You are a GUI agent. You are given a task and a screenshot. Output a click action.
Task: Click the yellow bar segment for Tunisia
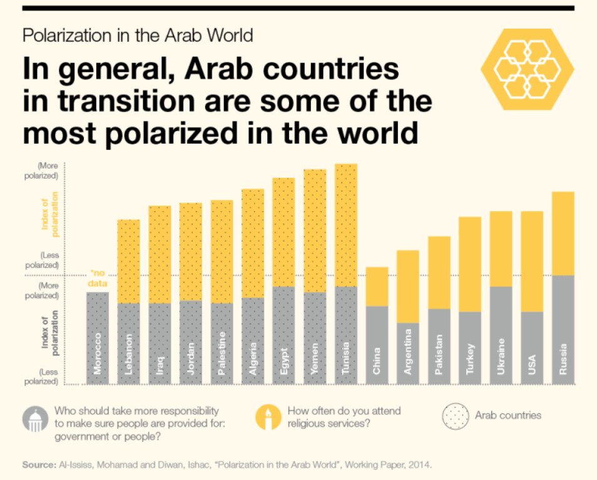(x=346, y=225)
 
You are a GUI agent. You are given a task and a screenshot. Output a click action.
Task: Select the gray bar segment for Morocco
(x=98, y=338)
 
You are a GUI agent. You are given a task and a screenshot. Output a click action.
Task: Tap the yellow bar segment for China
(x=377, y=286)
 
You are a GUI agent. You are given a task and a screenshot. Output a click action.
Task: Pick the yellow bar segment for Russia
(x=563, y=234)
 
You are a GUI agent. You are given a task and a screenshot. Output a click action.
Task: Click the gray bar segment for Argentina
(x=408, y=354)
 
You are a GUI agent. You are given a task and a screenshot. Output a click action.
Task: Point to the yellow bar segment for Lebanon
(x=129, y=261)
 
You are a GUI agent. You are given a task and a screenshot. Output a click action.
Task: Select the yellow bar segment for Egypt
(x=283, y=232)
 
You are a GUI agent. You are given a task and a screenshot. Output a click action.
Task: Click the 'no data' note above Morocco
(x=98, y=278)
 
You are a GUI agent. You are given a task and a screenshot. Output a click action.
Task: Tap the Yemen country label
(x=315, y=359)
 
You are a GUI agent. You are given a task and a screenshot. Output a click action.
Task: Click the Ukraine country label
(x=501, y=356)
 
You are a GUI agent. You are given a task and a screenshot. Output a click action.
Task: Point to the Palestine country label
(x=222, y=353)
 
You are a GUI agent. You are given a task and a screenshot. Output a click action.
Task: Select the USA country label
(x=532, y=364)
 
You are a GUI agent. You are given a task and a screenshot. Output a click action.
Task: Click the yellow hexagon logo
(x=528, y=69)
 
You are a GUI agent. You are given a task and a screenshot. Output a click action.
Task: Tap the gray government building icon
(x=36, y=419)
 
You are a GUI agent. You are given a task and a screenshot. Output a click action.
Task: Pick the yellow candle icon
(x=268, y=417)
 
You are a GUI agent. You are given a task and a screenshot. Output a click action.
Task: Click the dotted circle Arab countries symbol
(x=456, y=416)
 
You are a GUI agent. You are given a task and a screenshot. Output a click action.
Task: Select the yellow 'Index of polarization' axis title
(x=50, y=214)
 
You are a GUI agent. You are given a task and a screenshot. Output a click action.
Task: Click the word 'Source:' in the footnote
(x=39, y=465)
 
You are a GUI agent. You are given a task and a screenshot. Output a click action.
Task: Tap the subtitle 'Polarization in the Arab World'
(x=138, y=36)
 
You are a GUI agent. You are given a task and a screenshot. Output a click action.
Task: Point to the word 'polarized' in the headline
(x=171, y=134)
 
